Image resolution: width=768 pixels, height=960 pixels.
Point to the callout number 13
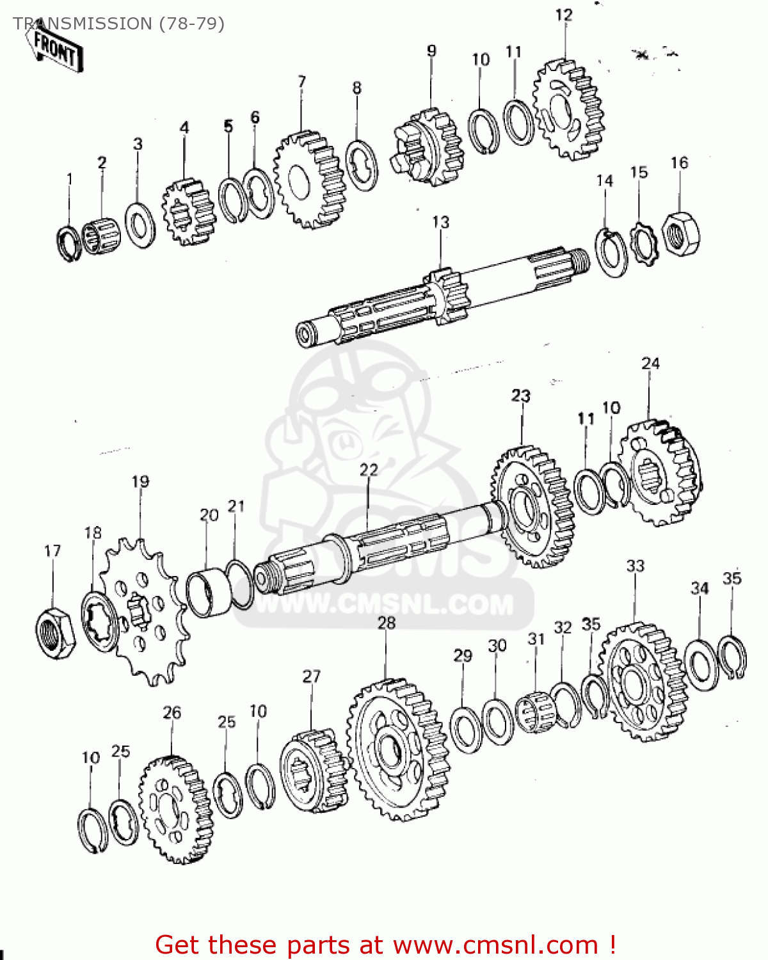[x=440, y=222]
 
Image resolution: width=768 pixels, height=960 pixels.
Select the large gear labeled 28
[x=397, y=749]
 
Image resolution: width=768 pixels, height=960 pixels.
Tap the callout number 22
[x=369, y=470]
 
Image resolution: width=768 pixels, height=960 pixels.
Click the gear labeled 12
[x=568, y=109]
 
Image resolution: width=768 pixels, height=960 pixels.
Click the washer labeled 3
[x=140, y=225]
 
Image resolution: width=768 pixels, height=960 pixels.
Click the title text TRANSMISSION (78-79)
[x=119, y=24]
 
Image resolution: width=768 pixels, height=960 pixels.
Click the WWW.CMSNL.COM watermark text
[x=384, y=604]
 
